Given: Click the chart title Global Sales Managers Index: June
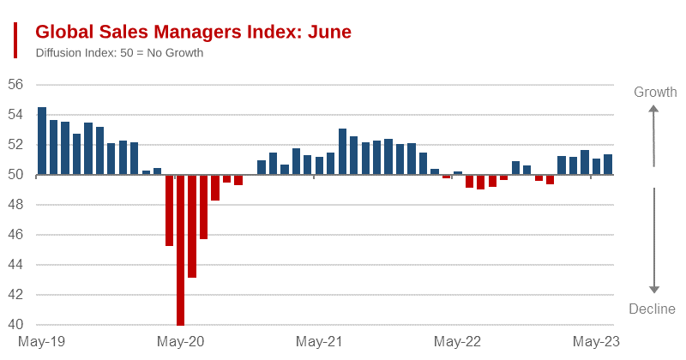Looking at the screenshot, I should (193, 33).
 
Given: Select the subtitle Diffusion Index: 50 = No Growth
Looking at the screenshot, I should (119, 53).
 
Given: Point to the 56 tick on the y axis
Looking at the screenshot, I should (16, 85).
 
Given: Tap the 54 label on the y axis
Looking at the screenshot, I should (16, 115).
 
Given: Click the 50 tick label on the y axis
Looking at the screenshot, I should (16, 175).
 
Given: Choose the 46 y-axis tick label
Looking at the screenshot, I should (16, 235).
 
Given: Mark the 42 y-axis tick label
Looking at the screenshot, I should (16, 295).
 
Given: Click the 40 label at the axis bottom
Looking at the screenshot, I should (16, 325).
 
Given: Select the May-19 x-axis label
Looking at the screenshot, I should (41, 342).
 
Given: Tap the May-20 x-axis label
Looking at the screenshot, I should (181, 342).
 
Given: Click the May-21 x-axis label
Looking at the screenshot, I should (319, 342).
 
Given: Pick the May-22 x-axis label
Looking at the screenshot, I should (458, 342).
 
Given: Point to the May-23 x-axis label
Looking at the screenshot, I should (597, 342).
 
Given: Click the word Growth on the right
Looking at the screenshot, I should (655, 93).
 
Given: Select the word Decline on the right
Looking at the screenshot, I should (653, 309).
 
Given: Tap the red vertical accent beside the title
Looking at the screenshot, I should (15, 40).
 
